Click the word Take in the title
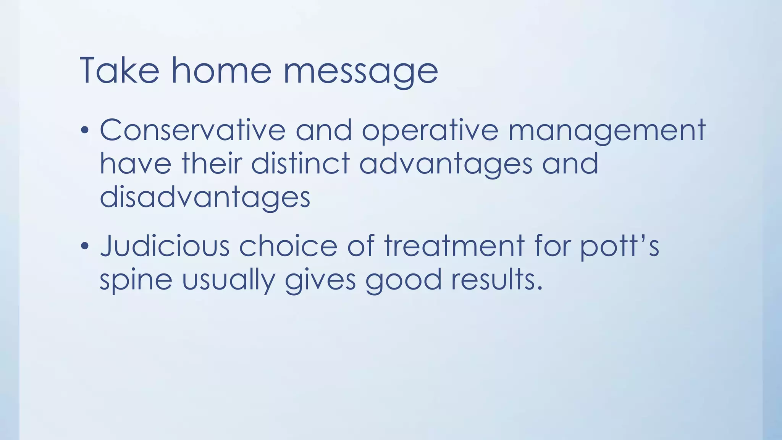(119, 71)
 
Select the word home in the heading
(221, 71)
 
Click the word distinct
(300, 163)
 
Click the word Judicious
(165, 246)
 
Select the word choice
(288, 246)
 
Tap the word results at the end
(496, 279)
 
